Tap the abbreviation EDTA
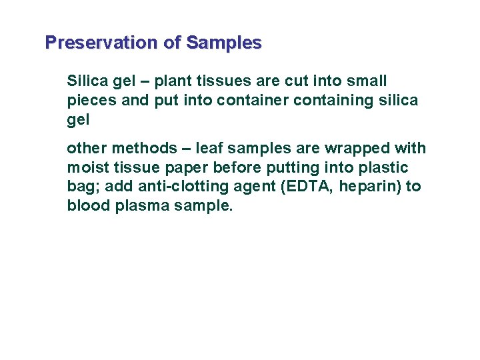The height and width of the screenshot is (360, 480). pyautogui.click(x=309, y=187)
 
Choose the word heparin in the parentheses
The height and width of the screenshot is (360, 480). pyautogui.click(x=366, y=187)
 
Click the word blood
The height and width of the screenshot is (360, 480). pyautogui.click(x=88, y=206)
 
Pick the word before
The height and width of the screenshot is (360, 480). pyautogui.click(x=237, y=167)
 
